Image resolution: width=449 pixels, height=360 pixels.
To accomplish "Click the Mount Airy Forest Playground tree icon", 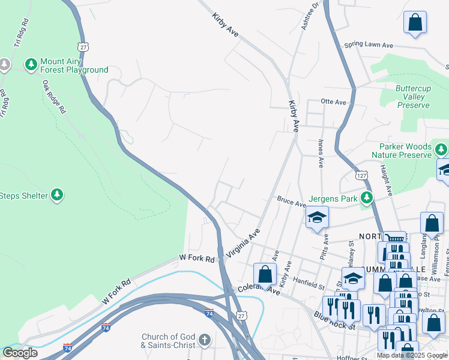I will click(31, 63).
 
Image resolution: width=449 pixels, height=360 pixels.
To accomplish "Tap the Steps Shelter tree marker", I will click(57, 195).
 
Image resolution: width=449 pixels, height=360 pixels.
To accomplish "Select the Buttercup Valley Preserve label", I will click(414, 97).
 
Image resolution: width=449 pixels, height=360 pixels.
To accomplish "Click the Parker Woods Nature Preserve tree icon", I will click(441, 148).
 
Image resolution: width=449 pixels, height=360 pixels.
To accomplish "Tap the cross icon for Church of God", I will click(204, 341).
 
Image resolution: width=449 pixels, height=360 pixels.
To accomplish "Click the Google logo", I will click(19, 353).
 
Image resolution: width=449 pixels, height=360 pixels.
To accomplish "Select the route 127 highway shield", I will click(361, 175).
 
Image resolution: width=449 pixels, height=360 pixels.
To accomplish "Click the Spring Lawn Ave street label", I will click(368, 45).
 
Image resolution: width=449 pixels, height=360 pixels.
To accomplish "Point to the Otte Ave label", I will click(334, 102).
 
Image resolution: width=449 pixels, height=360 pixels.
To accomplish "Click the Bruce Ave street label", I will click(291, 202).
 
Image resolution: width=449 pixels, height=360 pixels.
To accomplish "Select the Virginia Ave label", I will click(243, 244).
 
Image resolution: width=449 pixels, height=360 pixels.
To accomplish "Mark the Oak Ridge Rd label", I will click(54, 100).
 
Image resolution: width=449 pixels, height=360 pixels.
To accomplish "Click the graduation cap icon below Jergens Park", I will click(317, 217).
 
